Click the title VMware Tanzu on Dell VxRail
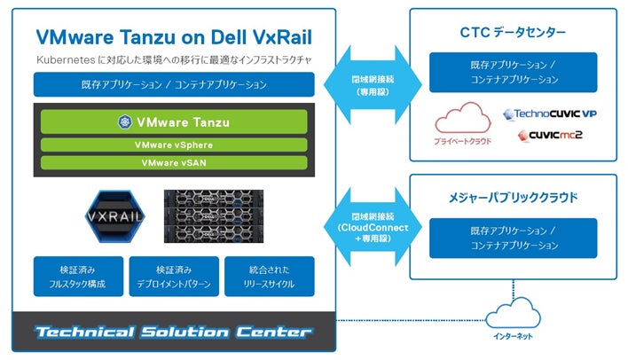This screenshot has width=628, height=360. (173, 36)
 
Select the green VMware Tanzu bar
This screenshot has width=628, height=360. (173, 121)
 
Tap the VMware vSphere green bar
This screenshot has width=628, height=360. (173, 145)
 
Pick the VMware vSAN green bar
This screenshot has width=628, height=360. (173, 162)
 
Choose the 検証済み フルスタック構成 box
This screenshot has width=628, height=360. (77, 276)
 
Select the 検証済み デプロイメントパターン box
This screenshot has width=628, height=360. (173, 276)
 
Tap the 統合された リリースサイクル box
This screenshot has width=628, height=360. (269, 276)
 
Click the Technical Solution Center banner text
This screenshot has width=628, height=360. (173, 333)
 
